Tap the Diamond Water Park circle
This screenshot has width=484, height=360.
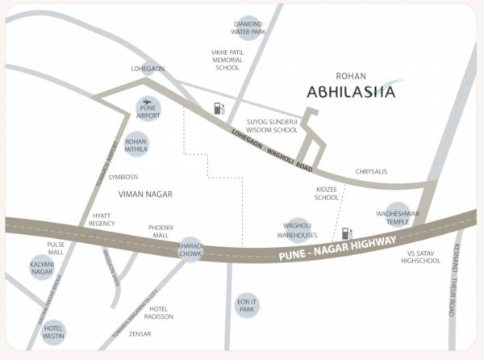pyautogui.click(x=248, y=28)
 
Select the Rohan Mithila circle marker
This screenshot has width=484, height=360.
pyautogui.click(x=136, y=145)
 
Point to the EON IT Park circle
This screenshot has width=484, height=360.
pyautogui.click(x=247, y=304)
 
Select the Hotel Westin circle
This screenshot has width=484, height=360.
pyautogui.click(x=54, y=331)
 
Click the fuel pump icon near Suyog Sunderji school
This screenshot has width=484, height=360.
pyautogui.click(x=219, y=108)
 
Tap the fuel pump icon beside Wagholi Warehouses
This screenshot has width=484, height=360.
pyautogui.click(x=347, y=233)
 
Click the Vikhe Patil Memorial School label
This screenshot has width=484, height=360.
pyautogui.click(x=227, y=60)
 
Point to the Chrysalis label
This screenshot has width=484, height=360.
pyautogui.click(x=372, y=172)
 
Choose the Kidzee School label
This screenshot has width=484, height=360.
pyautogui.click(x=327, y=192)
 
